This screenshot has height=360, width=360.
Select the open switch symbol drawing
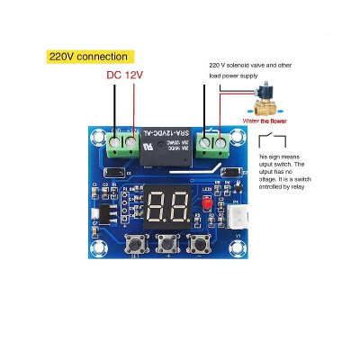tap(275, 140)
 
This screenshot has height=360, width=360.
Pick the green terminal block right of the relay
tap(212, 145)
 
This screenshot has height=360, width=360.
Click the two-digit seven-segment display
tap(167, 208)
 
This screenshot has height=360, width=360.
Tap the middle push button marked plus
tap(166, 243)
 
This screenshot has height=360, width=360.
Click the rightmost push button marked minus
tap(198, 243)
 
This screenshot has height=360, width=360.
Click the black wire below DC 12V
tap(114, 112)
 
